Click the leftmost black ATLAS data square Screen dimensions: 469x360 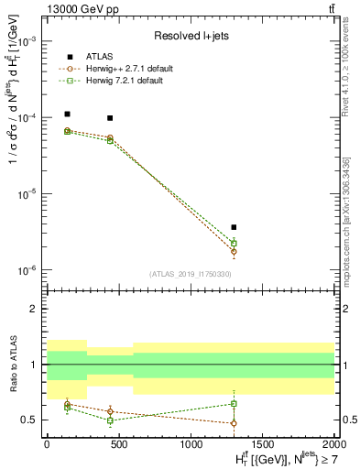(68, 115)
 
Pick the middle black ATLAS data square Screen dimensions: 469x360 (110, 118)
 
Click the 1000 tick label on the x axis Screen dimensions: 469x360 (191, 443)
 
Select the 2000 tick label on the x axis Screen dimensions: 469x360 (333, 443)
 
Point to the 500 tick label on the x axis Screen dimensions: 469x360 (118, 443)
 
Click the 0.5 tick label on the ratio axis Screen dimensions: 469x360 (30, 420)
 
